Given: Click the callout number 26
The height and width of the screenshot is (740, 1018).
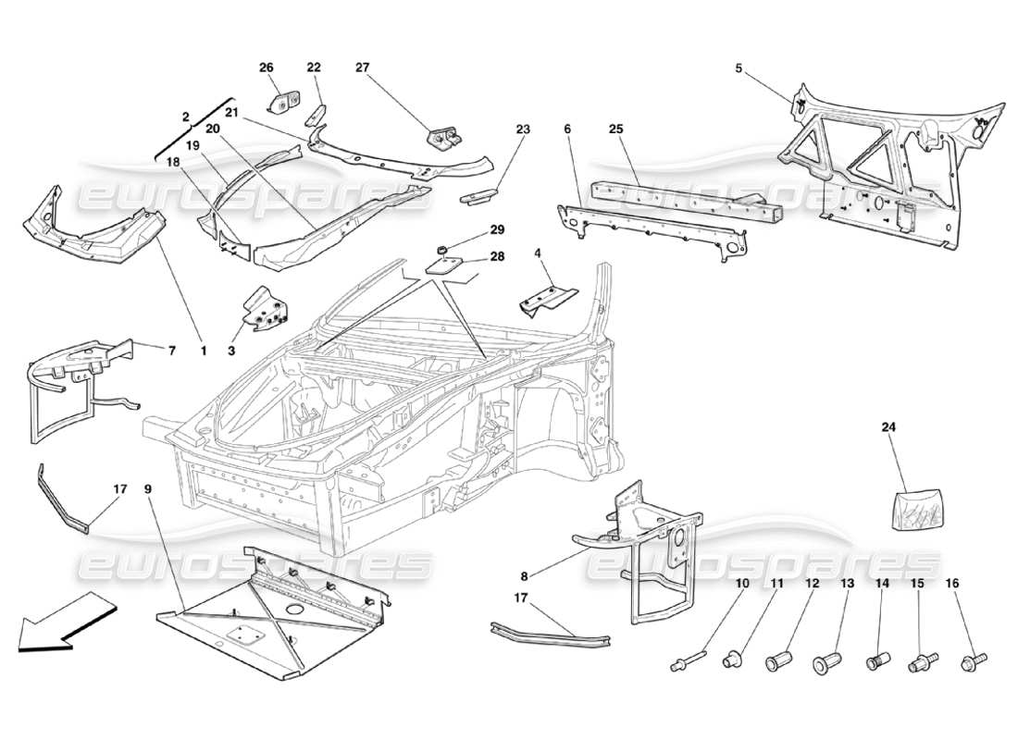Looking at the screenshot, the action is tap(267, 67).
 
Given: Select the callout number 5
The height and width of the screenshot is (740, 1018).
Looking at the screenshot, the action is tap(739, 67).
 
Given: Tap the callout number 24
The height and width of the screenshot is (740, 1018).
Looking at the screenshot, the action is tap(889, 427).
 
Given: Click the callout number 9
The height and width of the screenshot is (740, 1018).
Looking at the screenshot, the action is tap(150, 487).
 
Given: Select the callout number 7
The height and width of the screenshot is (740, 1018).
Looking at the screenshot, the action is tap(170, 351).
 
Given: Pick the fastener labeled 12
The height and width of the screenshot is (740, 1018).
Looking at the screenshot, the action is tap(778, 662).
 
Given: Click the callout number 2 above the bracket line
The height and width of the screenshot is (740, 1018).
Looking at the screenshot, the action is tap(185, 117).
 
